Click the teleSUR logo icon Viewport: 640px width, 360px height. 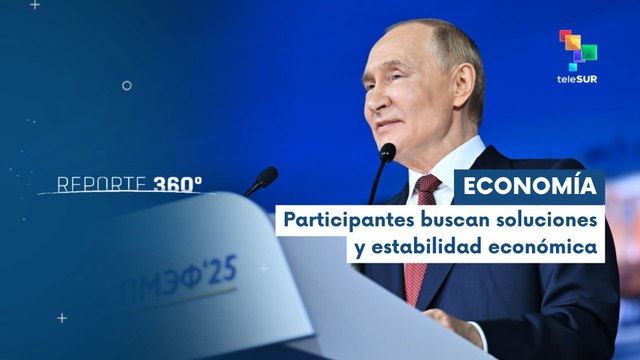pos(577,50)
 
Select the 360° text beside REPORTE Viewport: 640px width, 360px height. pos(178,184)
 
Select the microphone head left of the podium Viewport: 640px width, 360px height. pos(265,177)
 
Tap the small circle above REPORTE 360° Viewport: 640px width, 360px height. pos(126,86)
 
